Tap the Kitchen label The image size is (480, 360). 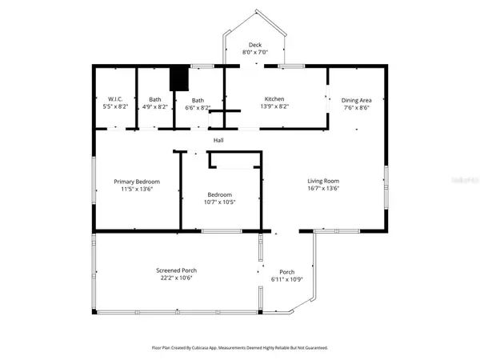click(x=274, y=100)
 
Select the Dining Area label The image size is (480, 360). click(x=357, y=100)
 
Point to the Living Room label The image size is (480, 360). click(x=323, y=181)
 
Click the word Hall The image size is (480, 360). click(x=218, y=141)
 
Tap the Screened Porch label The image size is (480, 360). click(x=176, y=270)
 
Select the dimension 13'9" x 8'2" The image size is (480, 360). click(x=274, y=107)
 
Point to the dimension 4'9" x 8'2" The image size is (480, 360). click(x=154, y=107)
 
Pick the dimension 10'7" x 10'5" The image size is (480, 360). click(x=220, y=202)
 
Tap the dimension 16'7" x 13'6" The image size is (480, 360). click(x=323, y=189)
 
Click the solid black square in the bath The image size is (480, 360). click(x=179, y=78)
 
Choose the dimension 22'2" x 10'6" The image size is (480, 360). click(x=176, y=278)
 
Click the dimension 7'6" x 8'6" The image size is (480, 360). click(x=357, y=107)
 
